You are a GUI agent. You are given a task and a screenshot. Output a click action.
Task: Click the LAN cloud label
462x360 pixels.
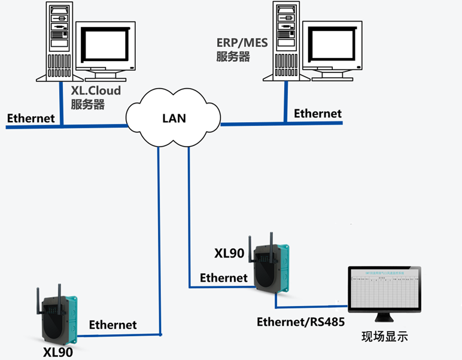tap(174, 118)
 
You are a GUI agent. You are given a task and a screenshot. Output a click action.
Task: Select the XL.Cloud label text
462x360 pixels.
tap(95, 90)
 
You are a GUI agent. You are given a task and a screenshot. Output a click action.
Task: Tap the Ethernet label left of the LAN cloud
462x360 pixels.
tap(31, 118)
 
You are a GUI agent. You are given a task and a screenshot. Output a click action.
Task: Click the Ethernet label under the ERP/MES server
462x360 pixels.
tap(318, 113)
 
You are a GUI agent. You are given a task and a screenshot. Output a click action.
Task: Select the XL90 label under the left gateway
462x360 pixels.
tap(58, 352)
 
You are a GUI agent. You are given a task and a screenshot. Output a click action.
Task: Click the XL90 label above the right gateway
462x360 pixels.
tap(229, 253)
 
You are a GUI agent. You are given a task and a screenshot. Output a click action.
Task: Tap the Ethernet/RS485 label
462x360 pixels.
tap(300, 322)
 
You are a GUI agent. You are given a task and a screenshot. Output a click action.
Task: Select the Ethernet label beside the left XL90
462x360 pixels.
tap(113, 325)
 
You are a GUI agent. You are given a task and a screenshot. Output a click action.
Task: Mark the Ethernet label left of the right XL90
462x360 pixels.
tap(223, 277)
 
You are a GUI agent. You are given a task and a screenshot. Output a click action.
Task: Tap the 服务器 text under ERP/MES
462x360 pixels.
tap(233, 57)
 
